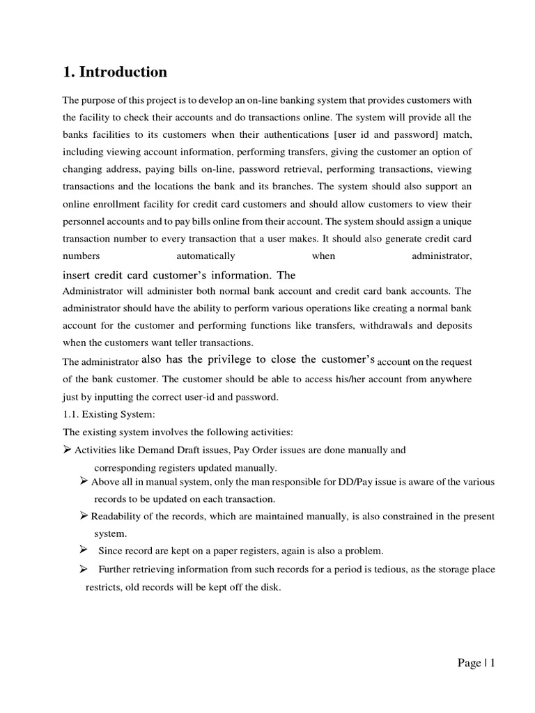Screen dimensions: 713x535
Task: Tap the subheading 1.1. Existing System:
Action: point(104,415)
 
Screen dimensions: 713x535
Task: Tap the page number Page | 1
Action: point(476,663)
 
